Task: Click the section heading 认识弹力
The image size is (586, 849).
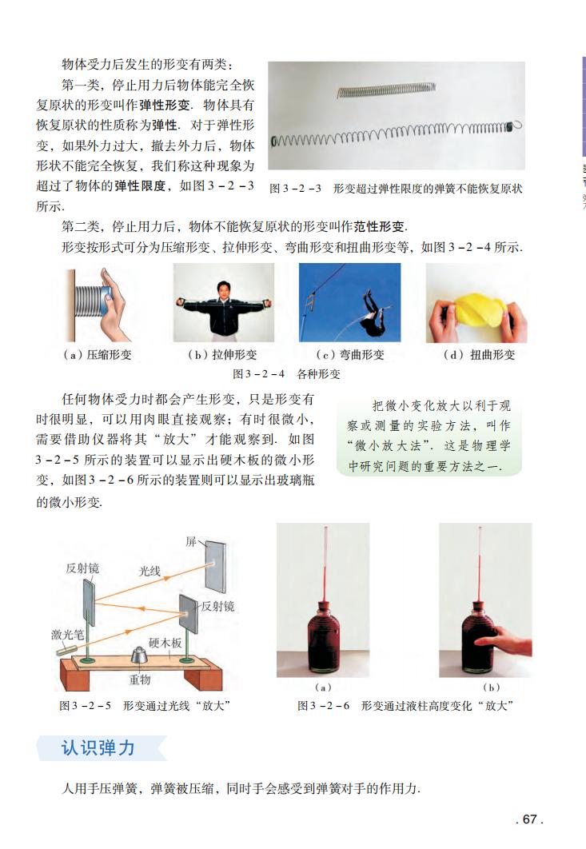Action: [98, 748]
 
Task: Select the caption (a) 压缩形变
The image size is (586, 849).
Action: [97, 355]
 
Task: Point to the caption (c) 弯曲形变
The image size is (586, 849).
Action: [350, 355]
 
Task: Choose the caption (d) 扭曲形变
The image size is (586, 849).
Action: [479, 355]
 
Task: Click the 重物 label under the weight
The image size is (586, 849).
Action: [140, 680]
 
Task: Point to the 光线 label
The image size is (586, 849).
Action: [149, 571]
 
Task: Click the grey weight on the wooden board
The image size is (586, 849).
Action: [141, 657]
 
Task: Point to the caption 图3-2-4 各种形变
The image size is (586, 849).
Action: [285, 373]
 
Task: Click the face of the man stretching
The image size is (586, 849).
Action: [224, 285]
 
